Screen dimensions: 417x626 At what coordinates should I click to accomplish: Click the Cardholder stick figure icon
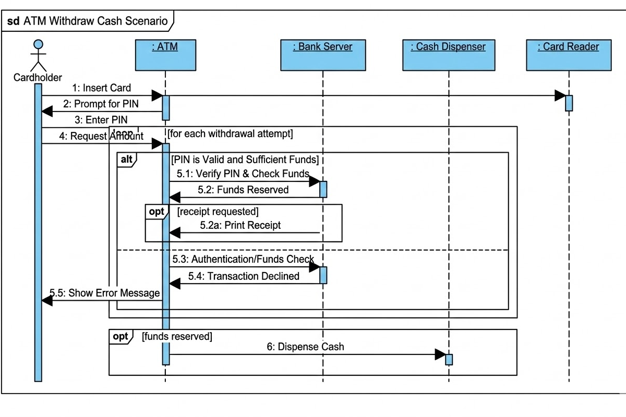click(x=38, y=55)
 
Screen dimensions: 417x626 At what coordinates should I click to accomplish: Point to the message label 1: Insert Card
click(x=101, y=88)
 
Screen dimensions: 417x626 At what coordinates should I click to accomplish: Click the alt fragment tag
click(x=127, y=160)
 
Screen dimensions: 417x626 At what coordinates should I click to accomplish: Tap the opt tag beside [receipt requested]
click(x=156, y=212)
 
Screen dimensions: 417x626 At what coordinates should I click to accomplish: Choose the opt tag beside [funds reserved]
click(x=121, y=337)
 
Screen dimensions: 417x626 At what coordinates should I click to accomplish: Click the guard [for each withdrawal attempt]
click(x=230, y=133)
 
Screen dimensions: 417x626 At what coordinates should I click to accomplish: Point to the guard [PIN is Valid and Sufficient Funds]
click(x=245, y=160)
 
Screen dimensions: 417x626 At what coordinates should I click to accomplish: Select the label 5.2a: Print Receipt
click(x=240, y=225)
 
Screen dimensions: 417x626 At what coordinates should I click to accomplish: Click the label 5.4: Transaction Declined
click(x=244, y=276)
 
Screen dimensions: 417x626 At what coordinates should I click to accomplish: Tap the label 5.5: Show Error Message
click(x=104, y=292)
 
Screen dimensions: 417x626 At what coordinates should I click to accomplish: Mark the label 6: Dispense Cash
click(x=305, y=347)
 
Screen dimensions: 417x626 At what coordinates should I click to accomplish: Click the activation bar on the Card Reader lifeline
click(x=569, y=103)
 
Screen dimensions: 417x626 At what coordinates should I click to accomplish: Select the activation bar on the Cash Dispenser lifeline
click(x=449, y=359)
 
